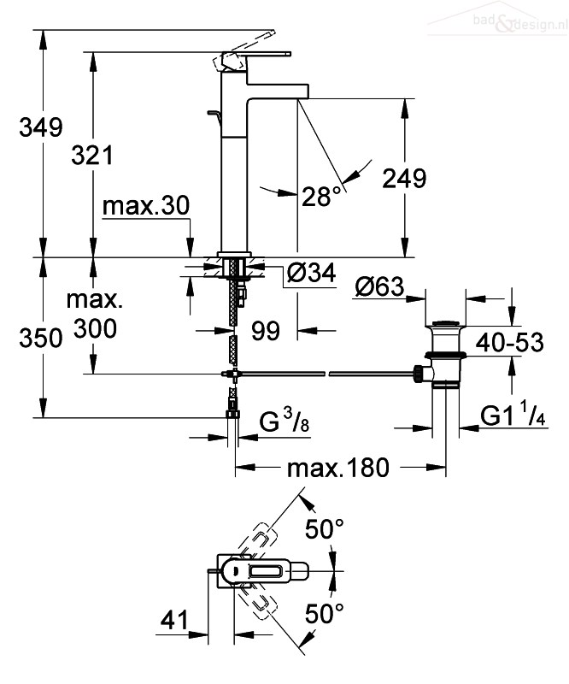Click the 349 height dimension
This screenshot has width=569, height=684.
coord(41,127)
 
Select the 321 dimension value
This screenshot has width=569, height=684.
coord(92,156)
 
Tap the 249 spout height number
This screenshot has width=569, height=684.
coord(404,179)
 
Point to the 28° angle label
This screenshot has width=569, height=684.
coord(321,197)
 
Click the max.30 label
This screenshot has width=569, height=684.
coord(146,205)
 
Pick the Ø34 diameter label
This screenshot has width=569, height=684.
coord(312,274)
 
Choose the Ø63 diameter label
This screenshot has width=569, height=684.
coord(380,286)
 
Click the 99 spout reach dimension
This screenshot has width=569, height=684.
coord(266,331)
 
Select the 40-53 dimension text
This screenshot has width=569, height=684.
coord(509,343)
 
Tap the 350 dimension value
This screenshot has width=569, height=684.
coord(41,339)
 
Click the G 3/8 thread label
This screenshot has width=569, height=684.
coord(284,422)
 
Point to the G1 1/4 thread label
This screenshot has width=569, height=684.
coord(513,415)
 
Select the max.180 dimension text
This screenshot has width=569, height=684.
coord(338,468)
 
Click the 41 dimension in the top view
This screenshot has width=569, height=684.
coord(174,619)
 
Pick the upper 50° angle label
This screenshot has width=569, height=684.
coord(325,529)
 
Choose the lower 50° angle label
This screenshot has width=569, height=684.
coord(325,613)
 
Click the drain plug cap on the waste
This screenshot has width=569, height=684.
coord(446,324)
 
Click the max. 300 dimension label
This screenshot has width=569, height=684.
coord(95,314)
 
